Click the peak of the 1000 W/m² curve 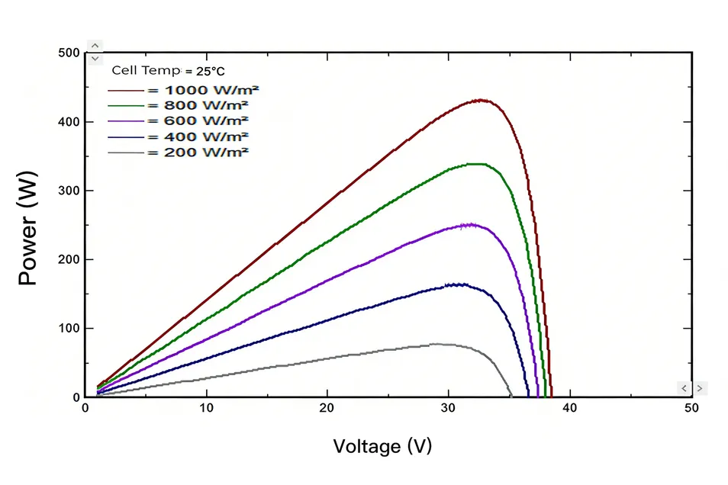click(x=481, y=100)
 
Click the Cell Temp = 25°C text click(x=168, y=71)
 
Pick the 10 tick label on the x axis click(x=206, y=409)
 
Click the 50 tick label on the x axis click(x=691, y=409)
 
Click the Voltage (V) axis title click(x=382, y=445)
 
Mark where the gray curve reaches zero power click(x=511, y=396)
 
